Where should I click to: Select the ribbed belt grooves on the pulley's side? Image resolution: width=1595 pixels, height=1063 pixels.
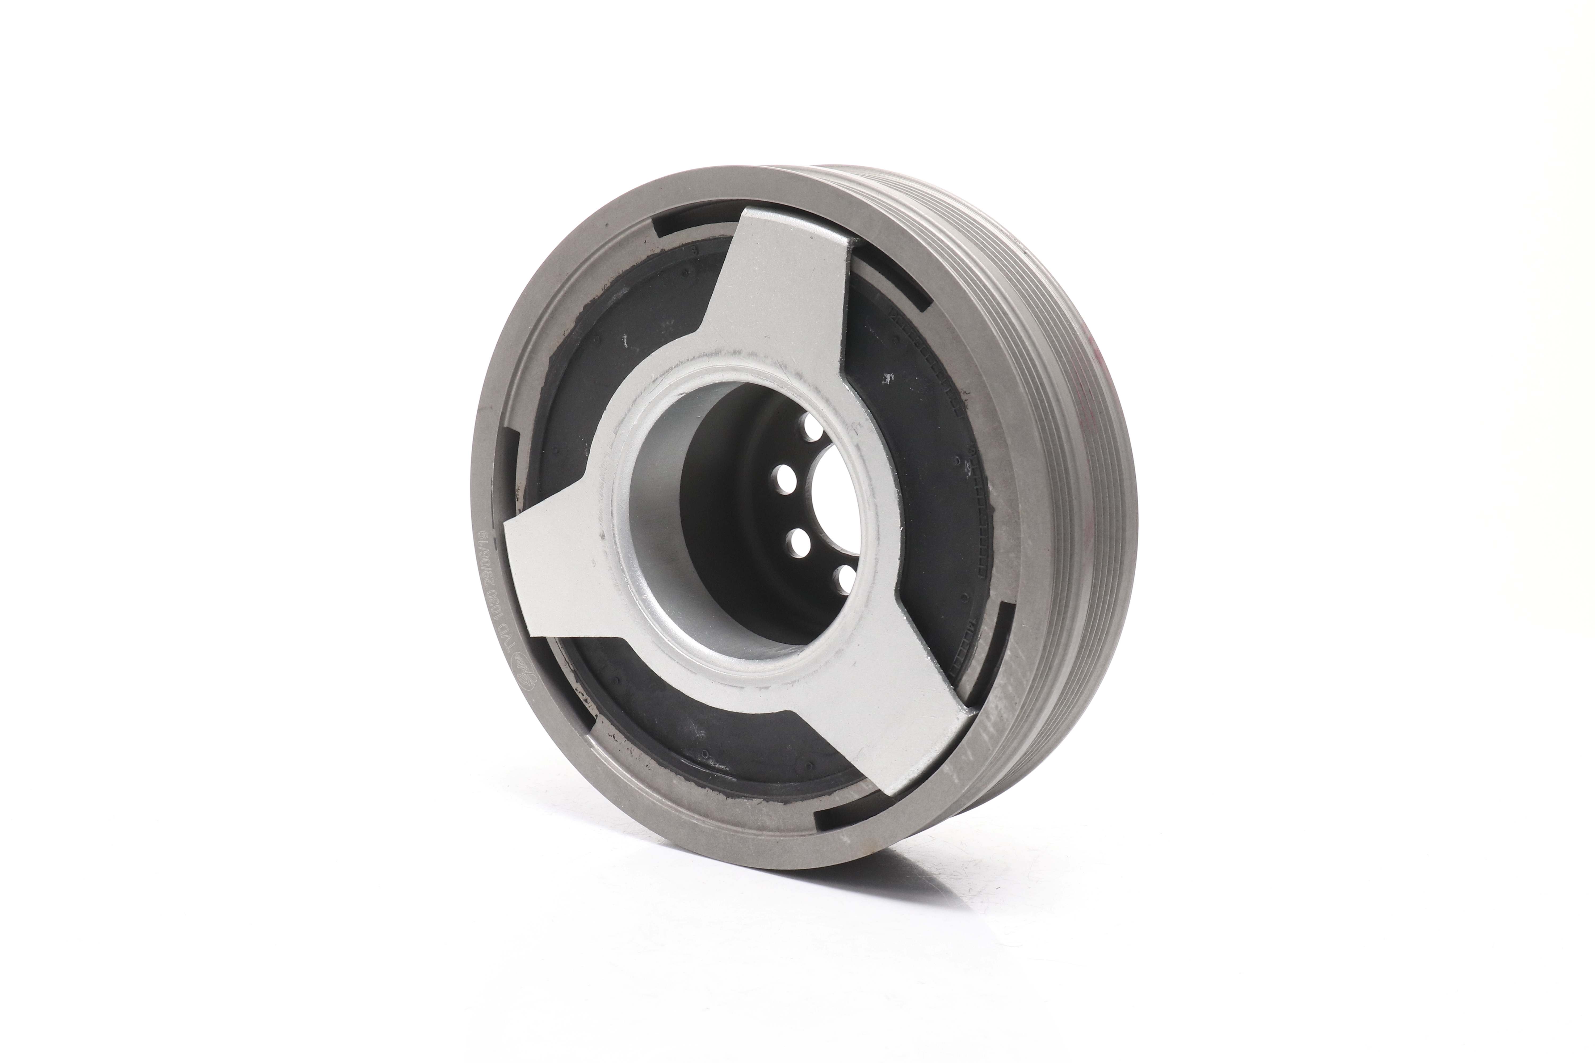tap(1058, 475)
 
